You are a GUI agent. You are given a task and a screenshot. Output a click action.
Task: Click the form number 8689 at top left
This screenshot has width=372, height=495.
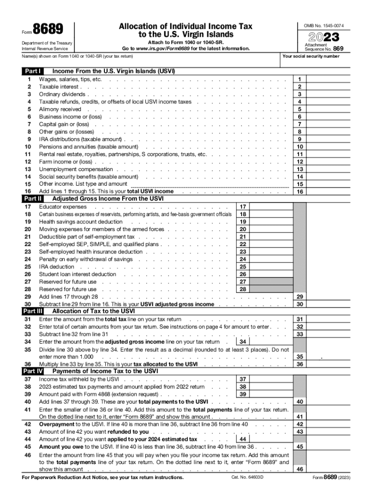coord(48,29)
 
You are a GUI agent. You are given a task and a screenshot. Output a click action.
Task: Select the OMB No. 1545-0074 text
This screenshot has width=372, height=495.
coord(324,25)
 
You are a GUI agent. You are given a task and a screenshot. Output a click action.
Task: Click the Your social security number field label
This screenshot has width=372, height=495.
coord(311,56)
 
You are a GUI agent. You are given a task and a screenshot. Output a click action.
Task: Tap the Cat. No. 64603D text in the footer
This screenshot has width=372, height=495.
coord(249,478)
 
